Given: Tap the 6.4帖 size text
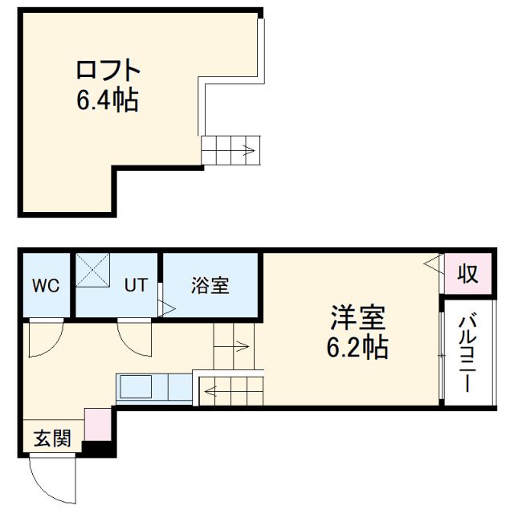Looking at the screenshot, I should coord(108,101).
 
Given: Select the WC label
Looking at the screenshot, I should coord(47,285).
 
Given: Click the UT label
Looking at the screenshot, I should coord(134,285).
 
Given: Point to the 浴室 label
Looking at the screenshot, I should coord(210,285).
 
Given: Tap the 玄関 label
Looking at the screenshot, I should coord(51,439).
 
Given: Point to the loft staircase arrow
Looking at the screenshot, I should coord(244,149).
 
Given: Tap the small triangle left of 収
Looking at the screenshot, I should coord(432,262).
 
